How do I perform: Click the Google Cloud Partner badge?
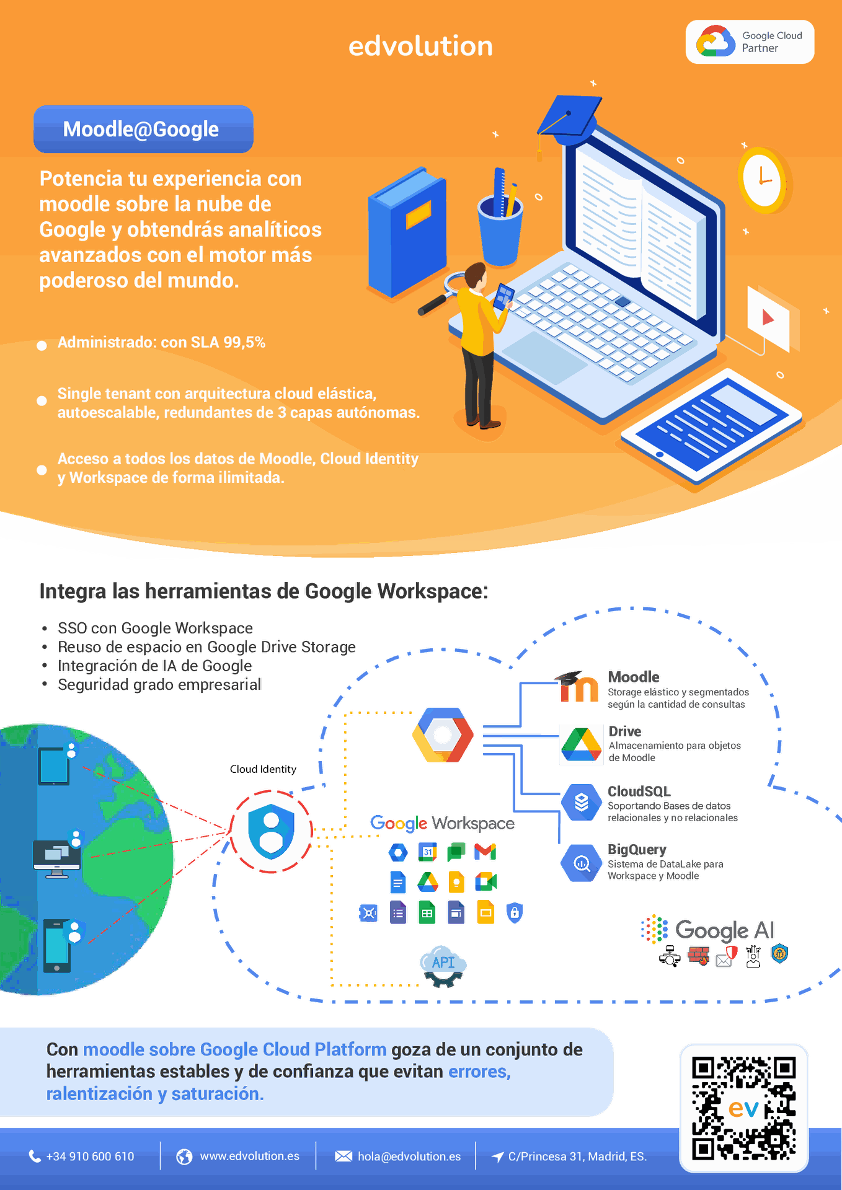click(749, 42)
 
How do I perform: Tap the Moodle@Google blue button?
click(143, 129)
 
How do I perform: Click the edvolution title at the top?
click(420, 46)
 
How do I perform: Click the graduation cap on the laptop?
click(568, 118)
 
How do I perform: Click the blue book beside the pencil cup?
click(407, 232)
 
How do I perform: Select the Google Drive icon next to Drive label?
click(581, 744)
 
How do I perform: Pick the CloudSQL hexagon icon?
click(582, 803)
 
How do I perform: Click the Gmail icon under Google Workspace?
click(485, 852)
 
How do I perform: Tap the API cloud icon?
click(443, 963)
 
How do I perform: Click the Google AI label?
click(724, 930)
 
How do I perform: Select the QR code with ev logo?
click(743, 1108)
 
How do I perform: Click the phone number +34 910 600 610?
click(89, 1157)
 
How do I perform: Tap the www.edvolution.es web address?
click(249, 1157)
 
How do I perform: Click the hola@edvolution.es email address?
click(409, 1157)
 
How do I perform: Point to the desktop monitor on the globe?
click(56, 857)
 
